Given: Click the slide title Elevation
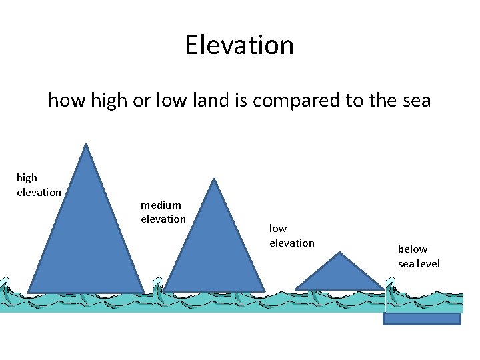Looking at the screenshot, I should point(239,45).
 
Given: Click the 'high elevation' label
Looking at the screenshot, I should point(39,185).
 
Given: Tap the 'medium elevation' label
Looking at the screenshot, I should point(163,212).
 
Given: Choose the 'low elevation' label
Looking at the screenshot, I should point(291,235).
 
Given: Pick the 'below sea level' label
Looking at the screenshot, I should point(419,256).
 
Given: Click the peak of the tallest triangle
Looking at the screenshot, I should point(85,145).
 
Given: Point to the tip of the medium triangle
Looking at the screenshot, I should point(213,179).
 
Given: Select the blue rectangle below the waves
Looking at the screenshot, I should point(421,319).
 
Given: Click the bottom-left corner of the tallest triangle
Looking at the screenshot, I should point(28,293).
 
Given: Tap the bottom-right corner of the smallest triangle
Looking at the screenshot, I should point(384,289).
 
